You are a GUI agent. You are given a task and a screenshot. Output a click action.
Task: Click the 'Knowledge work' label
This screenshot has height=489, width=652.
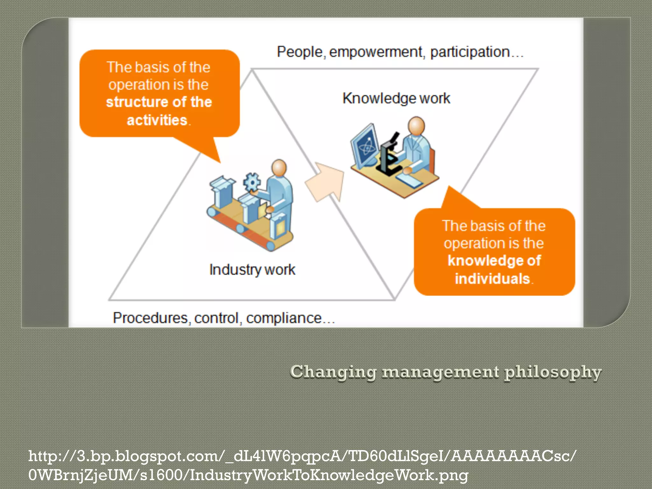(396, 98)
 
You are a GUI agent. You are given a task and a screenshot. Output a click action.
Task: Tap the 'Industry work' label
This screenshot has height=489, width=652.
(252, 270)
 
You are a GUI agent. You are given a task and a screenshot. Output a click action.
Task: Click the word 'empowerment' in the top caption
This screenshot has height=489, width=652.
(376, 52)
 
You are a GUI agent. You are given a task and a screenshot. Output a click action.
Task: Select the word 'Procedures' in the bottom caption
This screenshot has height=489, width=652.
(150, 318)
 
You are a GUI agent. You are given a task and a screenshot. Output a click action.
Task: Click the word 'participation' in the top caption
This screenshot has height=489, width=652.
(470, 52)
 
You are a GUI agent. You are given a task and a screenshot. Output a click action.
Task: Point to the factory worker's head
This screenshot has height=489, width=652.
(279, 167)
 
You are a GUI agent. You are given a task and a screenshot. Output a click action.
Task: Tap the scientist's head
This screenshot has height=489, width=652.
(416, 125)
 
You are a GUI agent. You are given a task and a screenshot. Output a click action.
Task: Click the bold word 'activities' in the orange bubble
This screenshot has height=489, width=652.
(157, 120)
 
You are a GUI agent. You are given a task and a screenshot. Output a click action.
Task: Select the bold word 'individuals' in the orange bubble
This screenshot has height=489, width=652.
(492, 279)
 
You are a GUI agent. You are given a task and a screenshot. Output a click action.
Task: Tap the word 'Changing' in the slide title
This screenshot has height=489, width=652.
(333, 372)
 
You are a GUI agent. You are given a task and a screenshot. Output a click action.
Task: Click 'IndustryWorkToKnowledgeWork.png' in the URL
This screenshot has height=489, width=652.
(329, 475)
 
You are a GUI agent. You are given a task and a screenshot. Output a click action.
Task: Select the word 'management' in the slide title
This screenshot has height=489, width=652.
(441, 372)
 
